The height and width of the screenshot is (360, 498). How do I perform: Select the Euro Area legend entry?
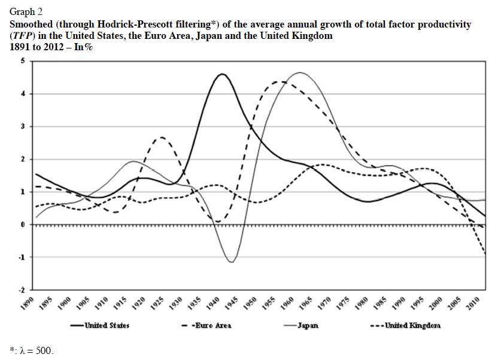click(212, 325)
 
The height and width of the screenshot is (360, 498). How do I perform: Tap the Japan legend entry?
click(307, 325)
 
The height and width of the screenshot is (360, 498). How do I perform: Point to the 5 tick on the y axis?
click(23, 62)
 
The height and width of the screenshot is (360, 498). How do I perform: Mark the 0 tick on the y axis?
click(23, 225)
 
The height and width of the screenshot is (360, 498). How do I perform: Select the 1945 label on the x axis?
click(231, 303)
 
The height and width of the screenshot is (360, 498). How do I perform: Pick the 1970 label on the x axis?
click(323, 303)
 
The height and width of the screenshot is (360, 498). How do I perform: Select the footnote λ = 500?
click(36, 350)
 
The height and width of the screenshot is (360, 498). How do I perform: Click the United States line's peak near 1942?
click(222, 74)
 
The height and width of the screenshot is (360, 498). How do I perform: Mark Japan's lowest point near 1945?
click(231, 262)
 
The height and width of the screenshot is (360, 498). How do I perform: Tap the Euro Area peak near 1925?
click(160, 138)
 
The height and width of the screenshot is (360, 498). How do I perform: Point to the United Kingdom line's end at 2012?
click(484, 255)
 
